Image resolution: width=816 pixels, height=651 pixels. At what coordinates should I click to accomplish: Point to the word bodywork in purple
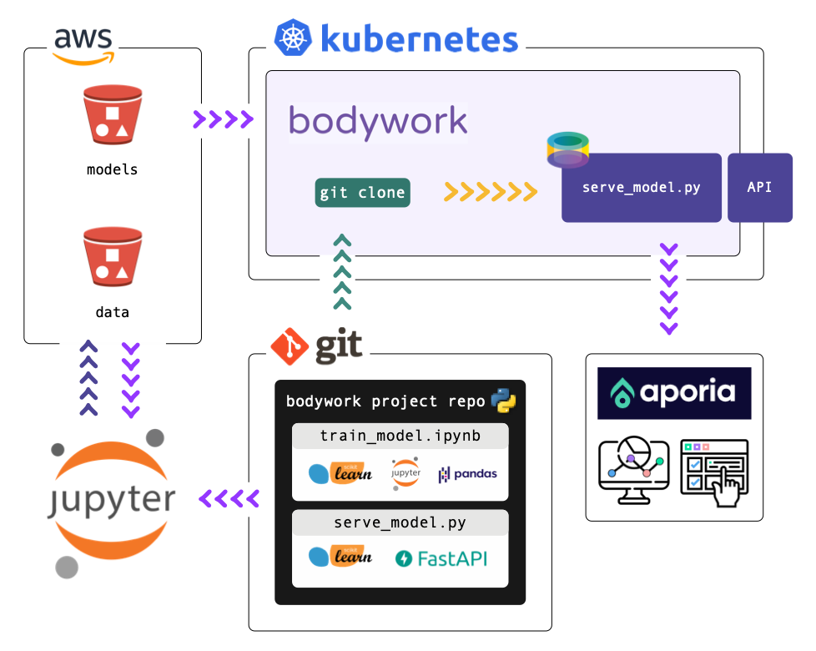coord(378,121)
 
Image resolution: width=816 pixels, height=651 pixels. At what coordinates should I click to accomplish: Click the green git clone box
coord(363,192)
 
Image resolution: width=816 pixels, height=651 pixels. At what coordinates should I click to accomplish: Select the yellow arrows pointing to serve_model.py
coord(490,192)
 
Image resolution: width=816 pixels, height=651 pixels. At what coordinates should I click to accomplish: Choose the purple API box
coord(759,187)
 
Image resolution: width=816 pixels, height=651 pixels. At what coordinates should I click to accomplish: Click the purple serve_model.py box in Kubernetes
coord(641,188)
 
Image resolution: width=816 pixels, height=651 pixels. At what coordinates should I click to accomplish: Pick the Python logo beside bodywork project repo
coord(502,400)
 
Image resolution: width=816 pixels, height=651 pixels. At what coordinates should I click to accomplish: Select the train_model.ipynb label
coord(400,436)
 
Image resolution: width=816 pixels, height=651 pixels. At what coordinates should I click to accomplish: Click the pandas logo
coord(468,473)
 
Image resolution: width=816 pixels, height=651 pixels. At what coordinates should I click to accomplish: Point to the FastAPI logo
coord(441,558)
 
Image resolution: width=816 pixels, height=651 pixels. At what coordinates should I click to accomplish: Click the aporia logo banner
coord(674,392)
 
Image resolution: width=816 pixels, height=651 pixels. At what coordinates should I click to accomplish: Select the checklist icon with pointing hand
coord(715,471)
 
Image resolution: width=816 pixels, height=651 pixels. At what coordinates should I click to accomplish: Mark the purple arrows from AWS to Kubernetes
coord(223,119)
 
